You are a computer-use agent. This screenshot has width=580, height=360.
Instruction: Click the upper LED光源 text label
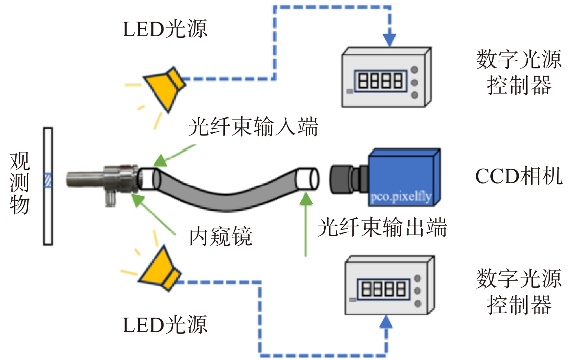coord(164,29)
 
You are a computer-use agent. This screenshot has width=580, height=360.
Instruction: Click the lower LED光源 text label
coord(164,325)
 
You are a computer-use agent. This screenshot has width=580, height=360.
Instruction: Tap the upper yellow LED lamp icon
coord(165,89)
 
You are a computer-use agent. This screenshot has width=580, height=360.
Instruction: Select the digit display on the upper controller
coord(381,81)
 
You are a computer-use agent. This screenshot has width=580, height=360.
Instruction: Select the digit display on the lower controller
coord(384,289)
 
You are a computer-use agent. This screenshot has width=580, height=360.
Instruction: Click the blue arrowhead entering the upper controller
coord(389,40)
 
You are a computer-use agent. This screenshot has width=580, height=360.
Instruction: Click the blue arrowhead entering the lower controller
coord(386,322)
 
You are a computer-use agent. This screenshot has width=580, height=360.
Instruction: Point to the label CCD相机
coord(519,176)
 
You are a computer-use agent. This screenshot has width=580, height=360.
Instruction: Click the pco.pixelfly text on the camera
coord(401,197)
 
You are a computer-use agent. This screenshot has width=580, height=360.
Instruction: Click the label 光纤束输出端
coord(382,227)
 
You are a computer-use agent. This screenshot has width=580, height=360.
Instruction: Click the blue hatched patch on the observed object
coord(48,180)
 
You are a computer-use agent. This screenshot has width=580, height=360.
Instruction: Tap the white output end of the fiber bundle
coord(307,179)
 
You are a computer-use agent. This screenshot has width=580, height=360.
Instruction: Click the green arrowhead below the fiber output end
coord(306,199)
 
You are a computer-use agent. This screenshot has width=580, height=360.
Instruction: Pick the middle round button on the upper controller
coord(414,83)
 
